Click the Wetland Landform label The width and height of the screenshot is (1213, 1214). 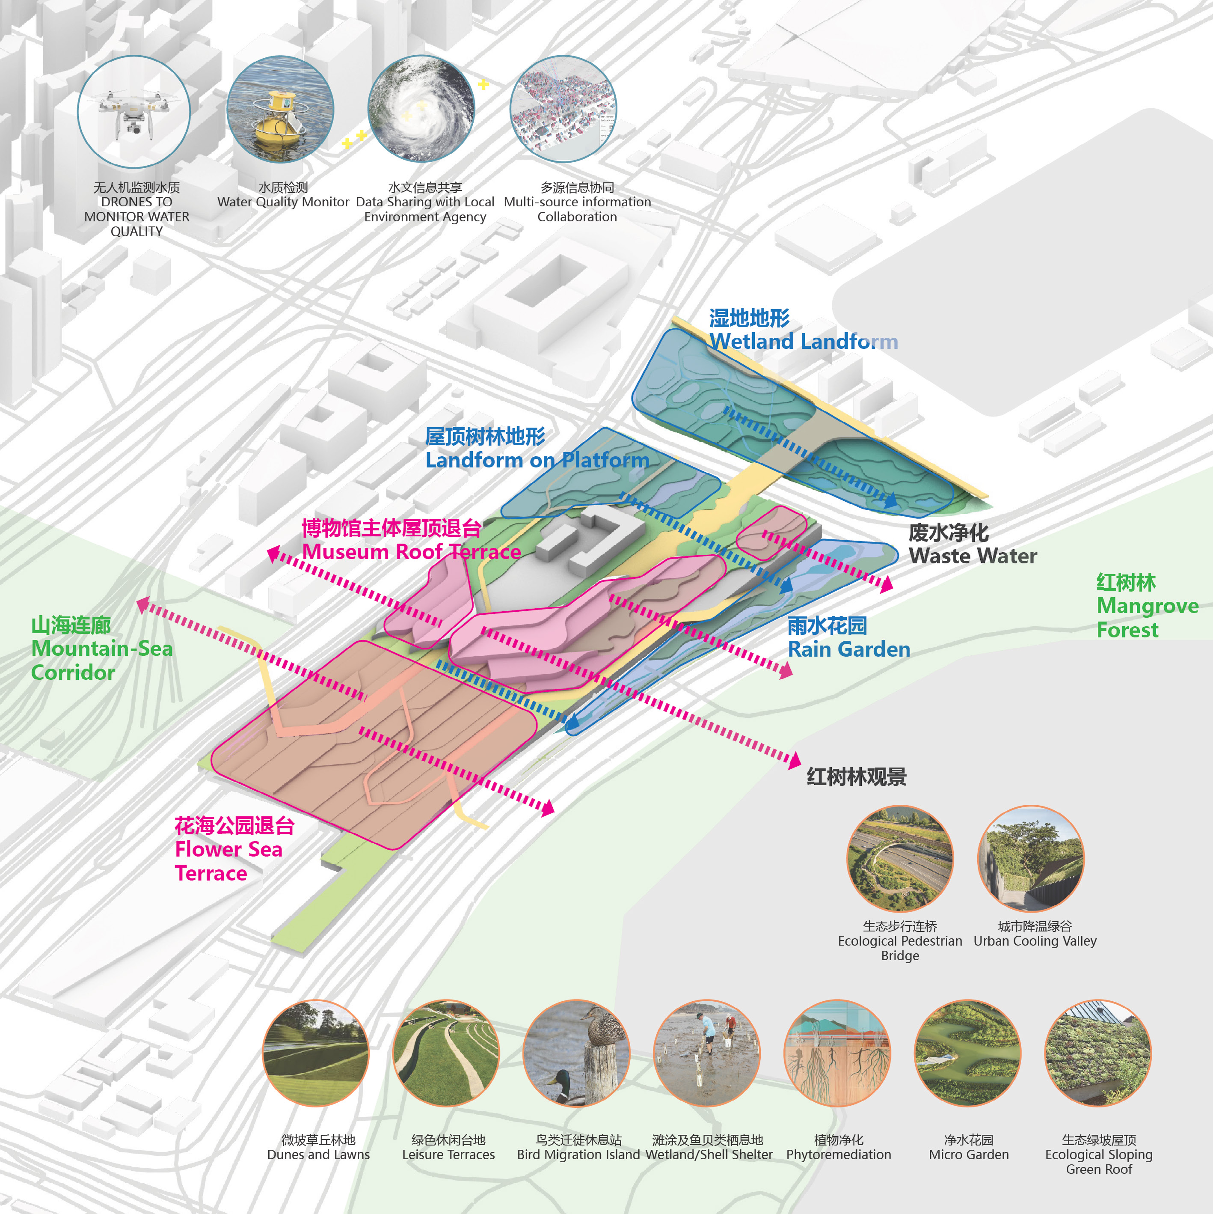tap(804, 330)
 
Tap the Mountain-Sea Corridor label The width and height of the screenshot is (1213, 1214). tap(102, 649)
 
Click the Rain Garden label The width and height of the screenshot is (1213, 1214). tap(848, 638)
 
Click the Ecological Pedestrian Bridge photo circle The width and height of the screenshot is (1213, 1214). tap(899, 858)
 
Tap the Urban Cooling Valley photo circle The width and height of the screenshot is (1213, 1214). tap(1030, 858)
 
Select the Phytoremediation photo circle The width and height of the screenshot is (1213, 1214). tap(837, 1053)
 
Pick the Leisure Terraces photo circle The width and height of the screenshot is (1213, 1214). tap(446, 1053)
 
